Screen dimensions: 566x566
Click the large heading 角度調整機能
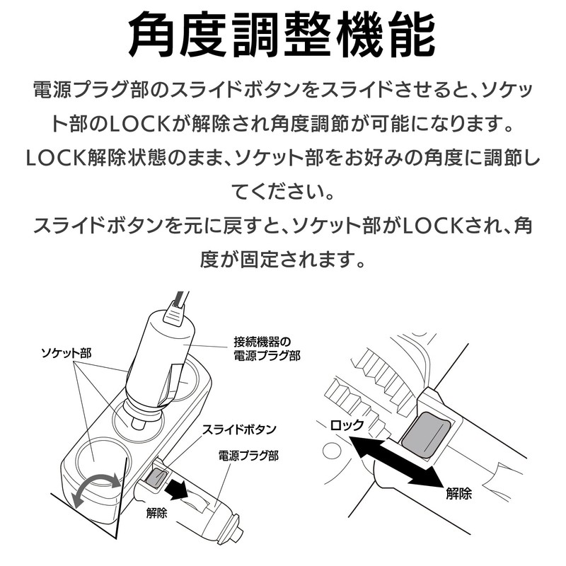(x=283, y=34)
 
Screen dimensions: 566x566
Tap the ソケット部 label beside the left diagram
(x=67, y=352)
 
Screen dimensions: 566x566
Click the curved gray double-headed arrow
(x=96, y=489)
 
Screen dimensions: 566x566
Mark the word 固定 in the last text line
(x=260, y=259)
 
